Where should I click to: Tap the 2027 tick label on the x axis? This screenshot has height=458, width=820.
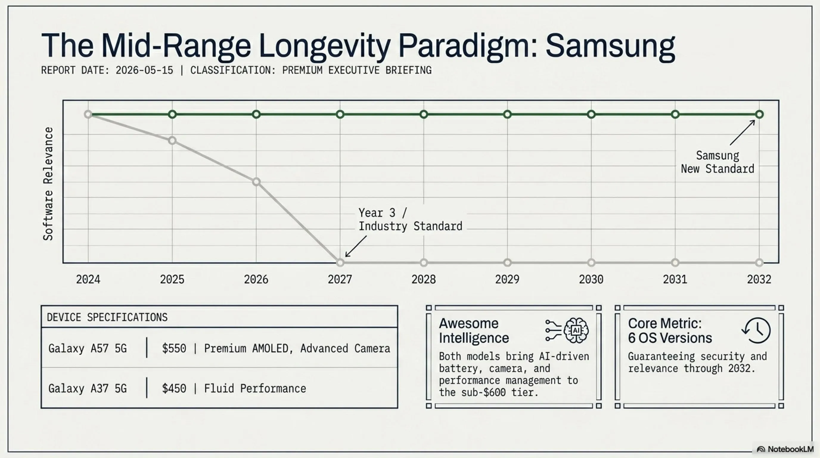click(340, 280)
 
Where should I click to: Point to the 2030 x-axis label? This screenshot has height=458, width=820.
click(591, 280)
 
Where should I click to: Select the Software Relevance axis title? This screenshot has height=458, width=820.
click(48, 183)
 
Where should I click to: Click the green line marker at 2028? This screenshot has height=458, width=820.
click(423, 114)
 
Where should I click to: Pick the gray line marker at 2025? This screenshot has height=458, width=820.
click(172, 140)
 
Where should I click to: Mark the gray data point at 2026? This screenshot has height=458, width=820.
click(256, 182)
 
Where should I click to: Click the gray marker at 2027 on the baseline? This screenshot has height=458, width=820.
click(340, 263)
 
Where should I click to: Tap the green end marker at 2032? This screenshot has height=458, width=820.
click(759, 114)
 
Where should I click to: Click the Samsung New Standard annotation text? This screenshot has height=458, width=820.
click(717, 162)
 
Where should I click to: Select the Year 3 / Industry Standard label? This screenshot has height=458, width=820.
click(410, 219)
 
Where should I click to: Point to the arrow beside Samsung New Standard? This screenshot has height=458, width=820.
click(742, 132)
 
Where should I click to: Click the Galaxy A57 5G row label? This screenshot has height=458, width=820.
click(88, 349)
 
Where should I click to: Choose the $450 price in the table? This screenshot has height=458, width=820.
click(174, 389)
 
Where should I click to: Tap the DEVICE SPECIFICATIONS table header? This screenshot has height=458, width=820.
click(107, 317)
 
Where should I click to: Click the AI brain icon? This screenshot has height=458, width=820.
click(576, 331)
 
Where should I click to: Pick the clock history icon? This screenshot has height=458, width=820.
click(756, 330)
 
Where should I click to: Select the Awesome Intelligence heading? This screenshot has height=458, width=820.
click(474, 331)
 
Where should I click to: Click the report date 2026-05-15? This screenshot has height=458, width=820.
click(144, 70)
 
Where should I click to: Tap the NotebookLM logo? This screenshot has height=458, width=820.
click(786, 449)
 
